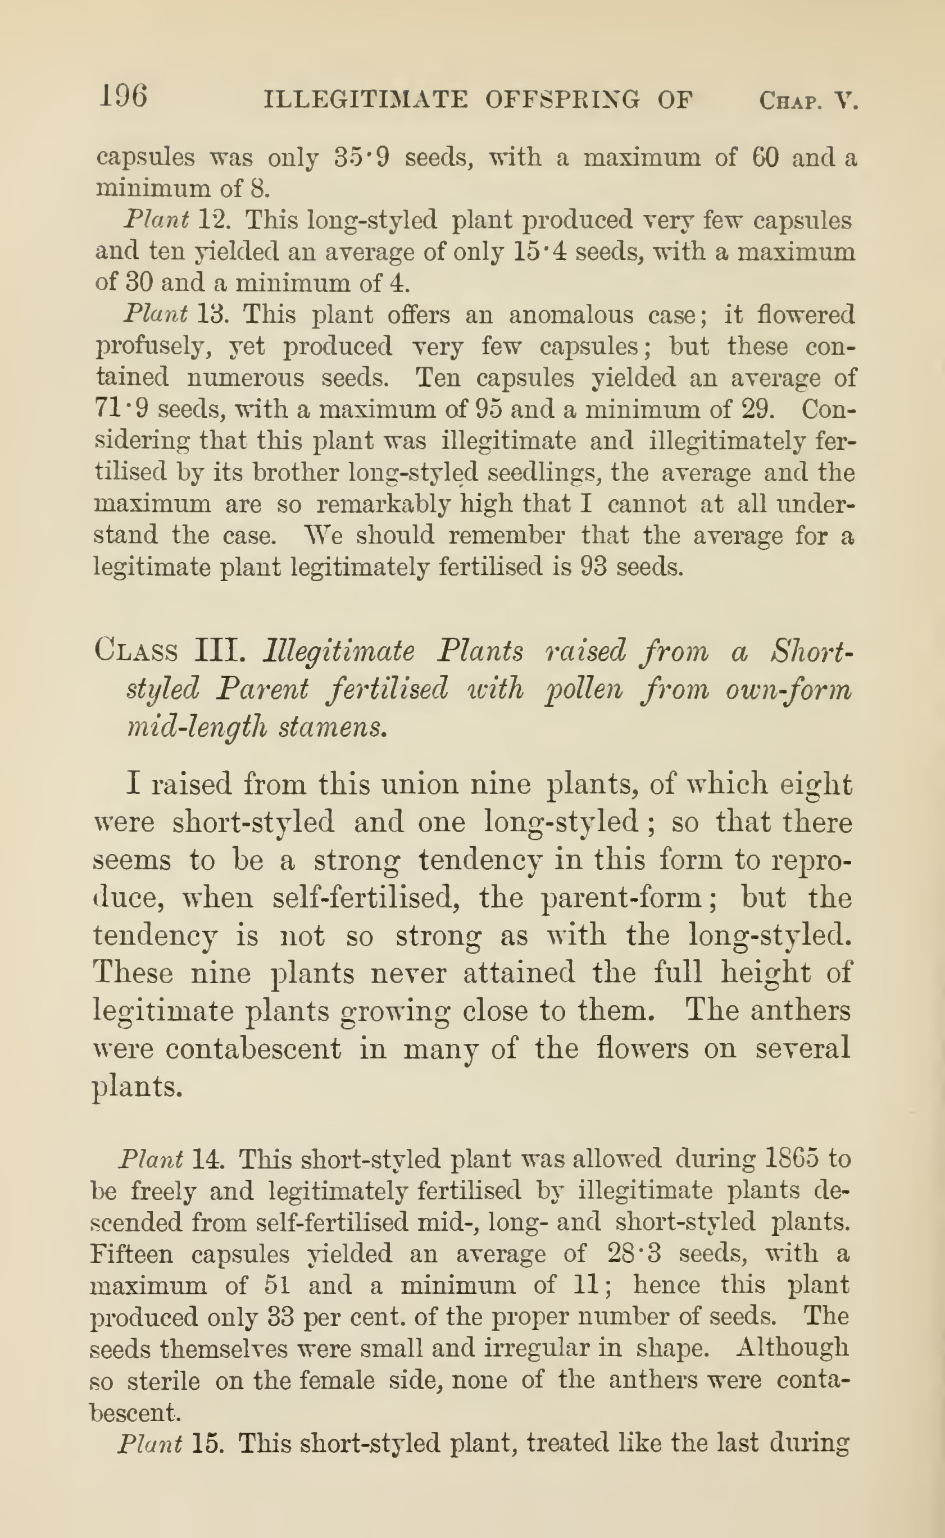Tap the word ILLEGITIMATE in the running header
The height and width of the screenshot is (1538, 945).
pyautogui.click(x=365, y=99)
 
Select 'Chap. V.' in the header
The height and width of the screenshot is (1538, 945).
pyautogui.click(x=808, y=100)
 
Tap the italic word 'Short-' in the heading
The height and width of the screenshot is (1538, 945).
pyautogui.click(x=811, y=650)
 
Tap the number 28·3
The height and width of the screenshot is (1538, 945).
pyautogui.click(x=634, y=1253)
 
